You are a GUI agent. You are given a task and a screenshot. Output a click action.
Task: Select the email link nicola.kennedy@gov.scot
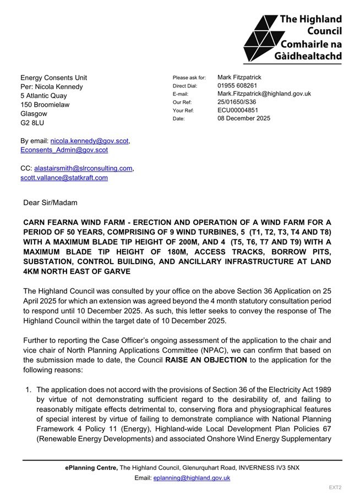[x=90, y=141]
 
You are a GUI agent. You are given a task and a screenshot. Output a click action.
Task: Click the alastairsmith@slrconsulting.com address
[x=83, y=168]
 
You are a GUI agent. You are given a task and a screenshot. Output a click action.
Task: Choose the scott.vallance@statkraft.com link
[x=64, y=178]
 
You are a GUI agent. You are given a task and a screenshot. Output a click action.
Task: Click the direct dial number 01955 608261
[x=237, y=86]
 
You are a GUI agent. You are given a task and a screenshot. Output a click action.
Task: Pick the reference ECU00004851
[x=238, y=110]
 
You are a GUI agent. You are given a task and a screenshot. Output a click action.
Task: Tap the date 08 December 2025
[x=244, y=118]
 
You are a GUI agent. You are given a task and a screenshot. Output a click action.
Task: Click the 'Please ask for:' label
[x=189, y=78]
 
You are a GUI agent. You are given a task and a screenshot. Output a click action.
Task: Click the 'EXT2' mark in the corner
[x=335, y=487]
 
